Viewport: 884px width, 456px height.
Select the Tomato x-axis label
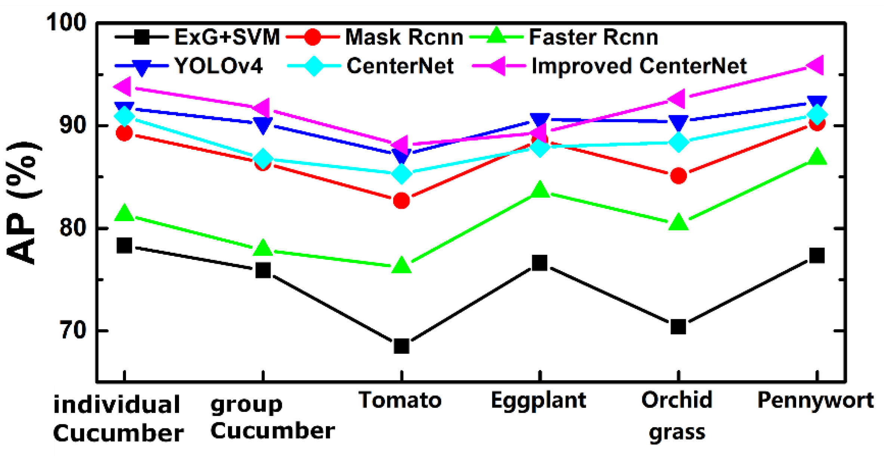(400, 400)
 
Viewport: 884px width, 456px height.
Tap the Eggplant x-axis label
(538, 400)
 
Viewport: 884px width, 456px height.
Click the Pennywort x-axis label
(815, 400)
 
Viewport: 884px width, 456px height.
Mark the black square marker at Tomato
(401, 346)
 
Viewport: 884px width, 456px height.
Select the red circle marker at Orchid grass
(678, 176)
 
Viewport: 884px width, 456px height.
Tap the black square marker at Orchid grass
(678, 327)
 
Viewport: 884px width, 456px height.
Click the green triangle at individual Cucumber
(124, 214)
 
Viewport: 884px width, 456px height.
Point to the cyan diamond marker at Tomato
(401, 174)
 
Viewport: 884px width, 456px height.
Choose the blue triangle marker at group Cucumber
(263, 125)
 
